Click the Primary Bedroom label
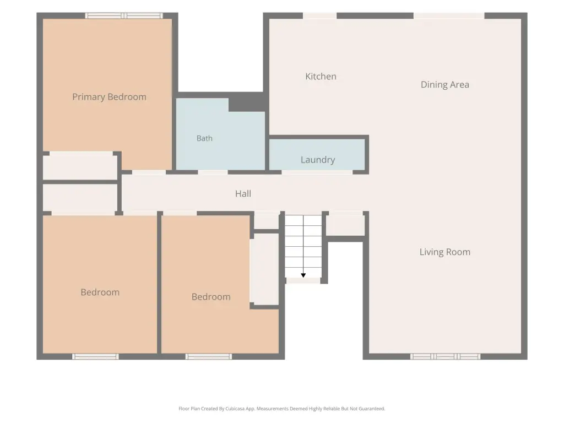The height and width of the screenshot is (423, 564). (110, 97)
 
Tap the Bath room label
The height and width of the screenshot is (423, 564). (204, 138)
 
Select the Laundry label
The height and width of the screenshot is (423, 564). (318, 160)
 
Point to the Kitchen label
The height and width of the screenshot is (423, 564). (321, 76)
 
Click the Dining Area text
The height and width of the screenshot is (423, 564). (445, 84)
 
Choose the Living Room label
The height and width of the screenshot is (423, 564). (445, 252)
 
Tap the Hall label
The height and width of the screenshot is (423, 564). (243, 193)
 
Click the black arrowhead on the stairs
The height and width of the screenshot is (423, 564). (303, 275)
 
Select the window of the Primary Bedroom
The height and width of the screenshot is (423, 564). (124, 15)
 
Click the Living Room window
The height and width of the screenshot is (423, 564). (445, 356)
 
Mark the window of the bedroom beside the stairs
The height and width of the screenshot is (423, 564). (209, 356)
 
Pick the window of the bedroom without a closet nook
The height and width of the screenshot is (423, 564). (95, 356)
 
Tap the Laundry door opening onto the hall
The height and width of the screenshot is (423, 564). (317, 172)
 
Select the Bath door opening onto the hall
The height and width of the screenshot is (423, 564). (213, 172)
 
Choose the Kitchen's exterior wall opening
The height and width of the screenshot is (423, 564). (319, 15)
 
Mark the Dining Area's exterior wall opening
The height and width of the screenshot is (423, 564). (449, 15)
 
